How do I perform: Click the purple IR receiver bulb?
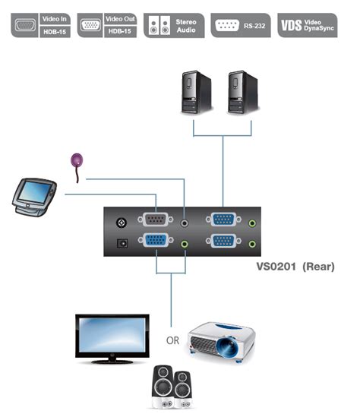coord(76,161)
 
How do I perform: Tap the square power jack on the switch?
coord(119,245)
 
